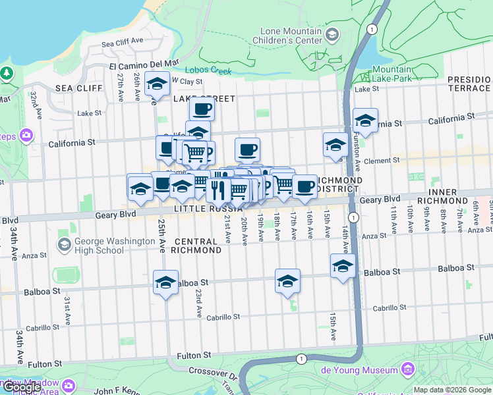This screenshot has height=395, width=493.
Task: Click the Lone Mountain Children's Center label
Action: coord(291,36)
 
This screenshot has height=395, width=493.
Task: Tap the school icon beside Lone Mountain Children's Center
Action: coord(333,34)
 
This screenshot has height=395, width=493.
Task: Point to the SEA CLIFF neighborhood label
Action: coord(79,88)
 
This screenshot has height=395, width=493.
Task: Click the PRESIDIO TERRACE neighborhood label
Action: coord(469,84)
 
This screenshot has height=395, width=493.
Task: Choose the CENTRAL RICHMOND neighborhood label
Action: coord(196,246)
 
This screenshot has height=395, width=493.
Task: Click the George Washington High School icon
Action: coord(65,246)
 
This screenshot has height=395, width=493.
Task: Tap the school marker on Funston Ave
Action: coord(365,121)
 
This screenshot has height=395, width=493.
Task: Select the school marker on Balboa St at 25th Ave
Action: coord(166,283)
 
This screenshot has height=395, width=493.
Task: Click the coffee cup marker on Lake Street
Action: coord(202,109)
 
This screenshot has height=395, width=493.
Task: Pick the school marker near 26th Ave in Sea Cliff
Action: coord(157,84)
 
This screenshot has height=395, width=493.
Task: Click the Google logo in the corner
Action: coord(22,387)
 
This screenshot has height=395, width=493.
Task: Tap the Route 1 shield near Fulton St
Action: coord(301,359)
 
